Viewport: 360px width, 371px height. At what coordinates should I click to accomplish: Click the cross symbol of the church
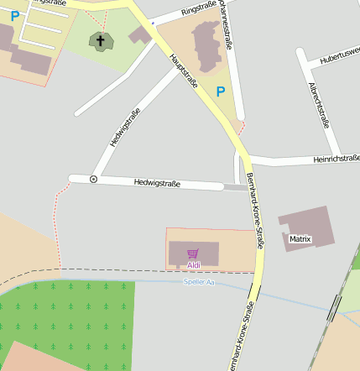101,39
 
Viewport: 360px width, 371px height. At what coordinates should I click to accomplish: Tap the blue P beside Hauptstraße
221,91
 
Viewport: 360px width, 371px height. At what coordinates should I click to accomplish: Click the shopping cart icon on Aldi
193,253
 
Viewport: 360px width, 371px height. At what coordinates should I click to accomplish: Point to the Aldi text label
194,266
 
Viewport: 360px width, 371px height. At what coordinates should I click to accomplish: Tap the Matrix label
300,239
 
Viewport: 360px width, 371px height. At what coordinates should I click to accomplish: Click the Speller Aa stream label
199,282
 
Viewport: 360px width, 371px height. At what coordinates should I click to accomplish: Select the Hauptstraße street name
183,71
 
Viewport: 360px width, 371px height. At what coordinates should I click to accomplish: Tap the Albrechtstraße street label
319,107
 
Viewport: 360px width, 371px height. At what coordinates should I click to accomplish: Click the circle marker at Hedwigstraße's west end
93,179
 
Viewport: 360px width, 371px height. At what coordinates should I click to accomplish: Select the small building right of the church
140,34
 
